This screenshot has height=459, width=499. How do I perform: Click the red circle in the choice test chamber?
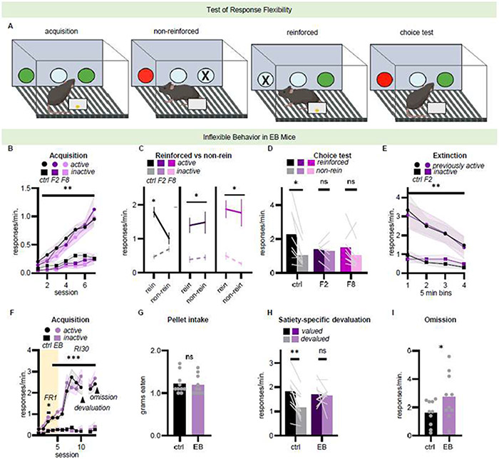pos(381,77)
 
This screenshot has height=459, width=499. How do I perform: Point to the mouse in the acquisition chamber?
pos(68,102)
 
